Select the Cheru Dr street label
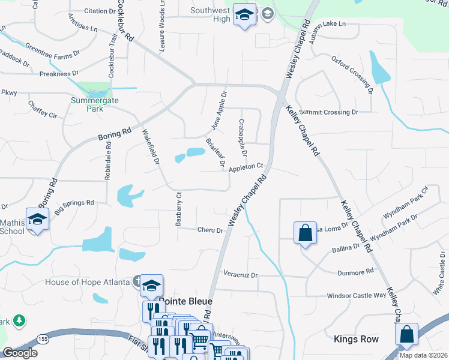click(210, 230)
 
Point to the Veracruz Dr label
click(240, 275)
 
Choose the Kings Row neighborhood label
click(356, 339)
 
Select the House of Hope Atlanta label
click(88, 282)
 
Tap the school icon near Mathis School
click(37, 219)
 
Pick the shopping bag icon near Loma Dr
click(305, 232)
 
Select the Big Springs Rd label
click(74, 207)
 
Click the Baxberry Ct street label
click(178, 209)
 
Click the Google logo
click(20, 353)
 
